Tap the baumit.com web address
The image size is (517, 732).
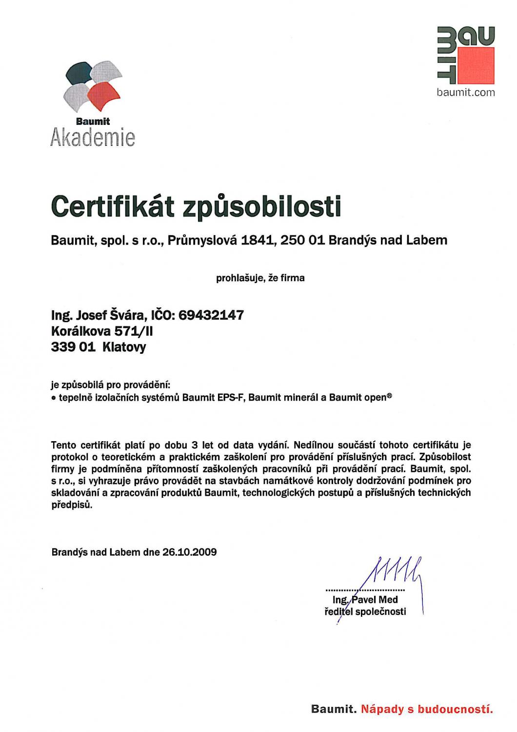click(466, 93)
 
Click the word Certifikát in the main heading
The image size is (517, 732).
click(113, 207)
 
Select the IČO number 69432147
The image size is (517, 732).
click(212, 315)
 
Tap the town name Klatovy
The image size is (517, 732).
click(124, 347)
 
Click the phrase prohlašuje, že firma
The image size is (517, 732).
click(260, 278)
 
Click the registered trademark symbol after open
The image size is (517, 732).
click(389, 396)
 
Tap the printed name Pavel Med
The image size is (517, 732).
click(374, 600)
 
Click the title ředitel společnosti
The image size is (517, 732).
click(365, 611)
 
